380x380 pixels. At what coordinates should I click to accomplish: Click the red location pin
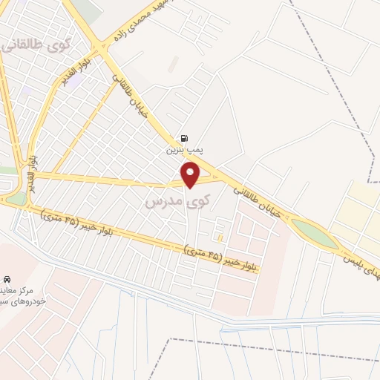pyautogui.click(x=191, y=175)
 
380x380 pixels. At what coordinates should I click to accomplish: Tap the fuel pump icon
pyautogui.click(x=183, y=138)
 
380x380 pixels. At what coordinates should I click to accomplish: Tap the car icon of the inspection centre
pyautogui.click(x=7, y=278)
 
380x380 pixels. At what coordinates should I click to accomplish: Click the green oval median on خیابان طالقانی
pyautogui.click(x=315, y=233)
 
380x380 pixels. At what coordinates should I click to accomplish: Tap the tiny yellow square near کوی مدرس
pyautogui.click(x=220, y=237)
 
